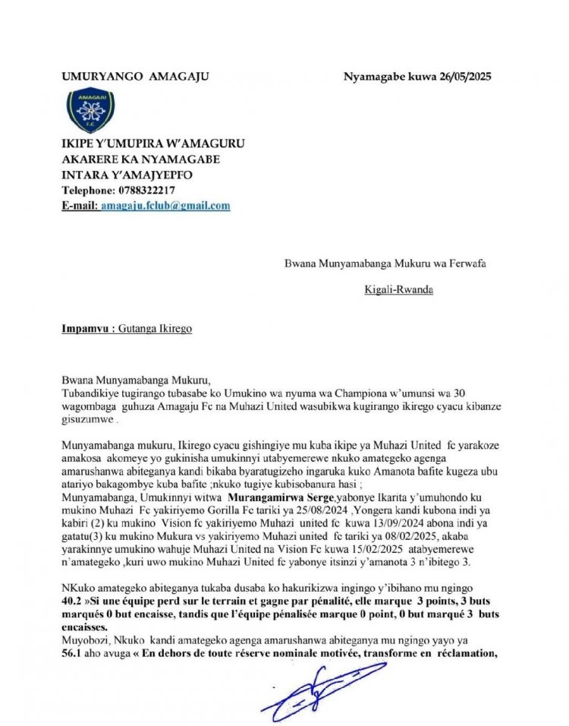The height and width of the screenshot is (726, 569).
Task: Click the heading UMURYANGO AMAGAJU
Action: [x=135, y=77]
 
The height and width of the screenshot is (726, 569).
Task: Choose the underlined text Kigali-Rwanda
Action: [x=398, y=289]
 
